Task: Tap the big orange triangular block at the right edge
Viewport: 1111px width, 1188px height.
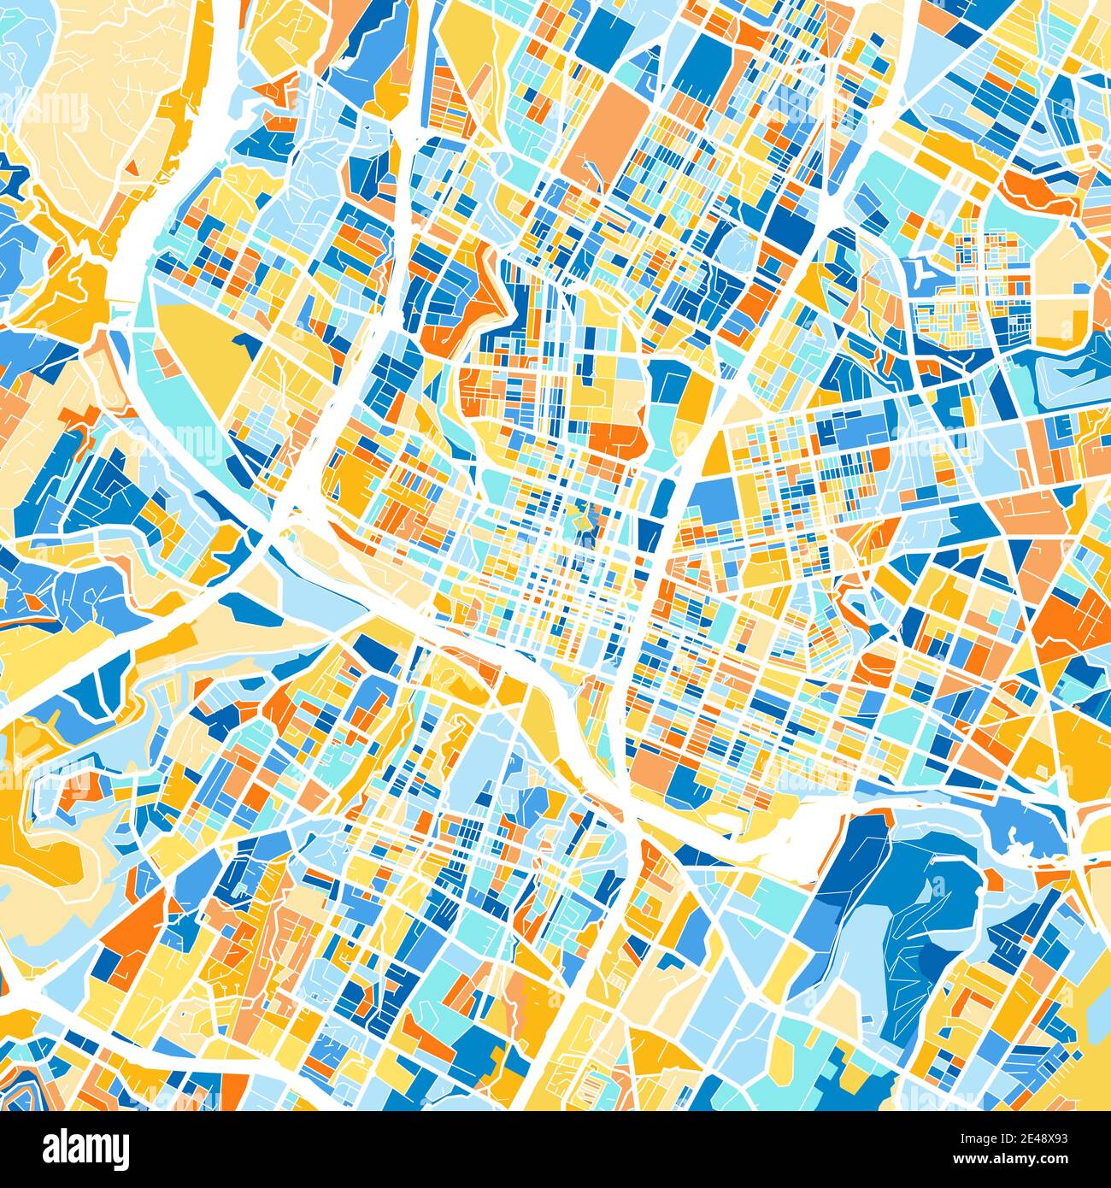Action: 1073,624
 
